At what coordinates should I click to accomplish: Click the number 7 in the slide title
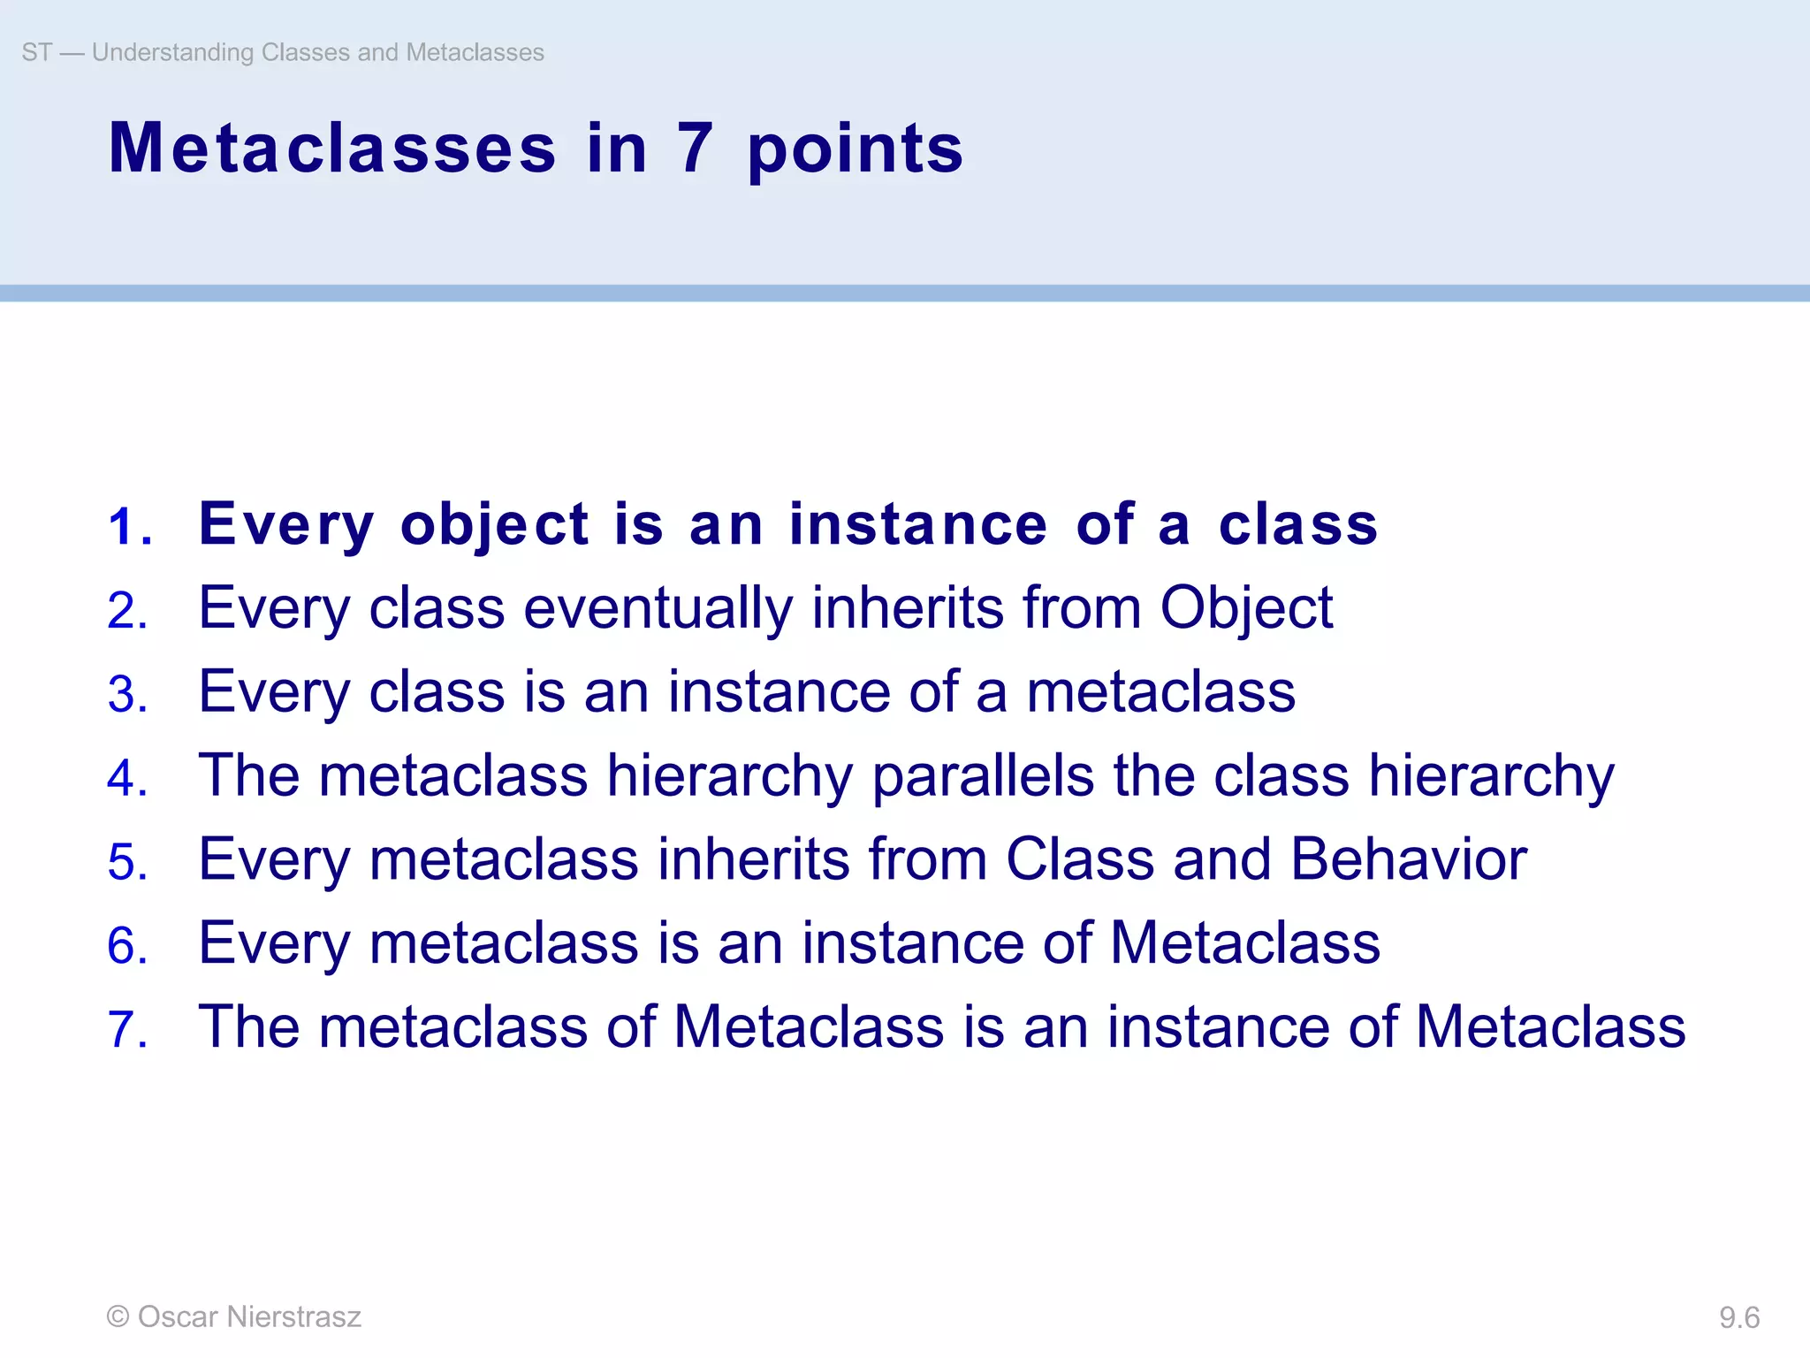pyautogui.click(x=695, y=149)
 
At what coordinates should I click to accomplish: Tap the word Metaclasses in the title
pyautogui.click(x=332, y=149)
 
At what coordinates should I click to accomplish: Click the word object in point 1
pyautogui.click(x=494, y=525)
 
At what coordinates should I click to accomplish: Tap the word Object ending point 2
pyautogui.click(x=1245, y=608)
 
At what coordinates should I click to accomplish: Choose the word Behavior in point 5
pyautogui.click(x=1408, y=859)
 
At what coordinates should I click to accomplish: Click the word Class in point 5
pyautogui.click(x=1080, y=859)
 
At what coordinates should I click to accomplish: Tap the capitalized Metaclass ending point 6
pyautogui.click(x=1244, y=942)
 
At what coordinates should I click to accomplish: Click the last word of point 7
pyautogui.click(x=1550, y=1026)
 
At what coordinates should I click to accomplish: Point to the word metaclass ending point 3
pyautogui.click(x=1160, y=692)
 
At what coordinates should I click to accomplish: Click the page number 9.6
pyautogui.click(x=1738, y=1318)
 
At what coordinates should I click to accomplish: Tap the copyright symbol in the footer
pyautogui.click(x=118, y=1316)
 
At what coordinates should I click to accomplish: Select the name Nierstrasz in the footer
pyautogui.click(x=293, y=1316)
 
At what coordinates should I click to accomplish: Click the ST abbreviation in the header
pyautogui.click(x=37, y=52)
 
